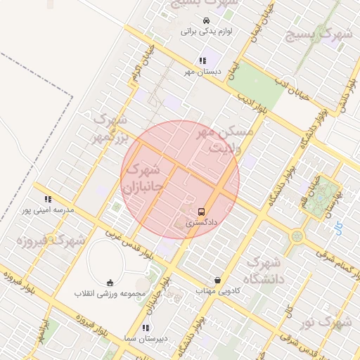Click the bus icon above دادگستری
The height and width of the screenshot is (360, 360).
pyautogui.click(x=202, y=211)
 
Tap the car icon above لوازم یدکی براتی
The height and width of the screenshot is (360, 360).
pyautogui.click(x=205, y=20)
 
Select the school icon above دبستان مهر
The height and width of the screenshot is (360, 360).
pyautogui.click(x=202, y=60)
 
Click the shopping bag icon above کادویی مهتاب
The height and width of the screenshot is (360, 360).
pyautogui.click(x=217, y=280)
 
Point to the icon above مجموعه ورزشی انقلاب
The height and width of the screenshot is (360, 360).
pyautogui.click(x=109, y=283)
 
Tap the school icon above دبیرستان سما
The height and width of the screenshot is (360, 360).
pyautogui.click(x=146, y=328)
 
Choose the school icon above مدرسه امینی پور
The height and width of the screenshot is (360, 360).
pyautogui.click(x=48, y=199)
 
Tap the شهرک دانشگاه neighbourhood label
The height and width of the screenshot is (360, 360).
pyautogui.click(x=264, y=271)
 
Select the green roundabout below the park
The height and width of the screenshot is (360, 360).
pyautogui.click(x=297, y=237)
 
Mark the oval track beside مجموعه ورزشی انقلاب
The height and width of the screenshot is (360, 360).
pyautogui.click(x=105, y=260)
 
